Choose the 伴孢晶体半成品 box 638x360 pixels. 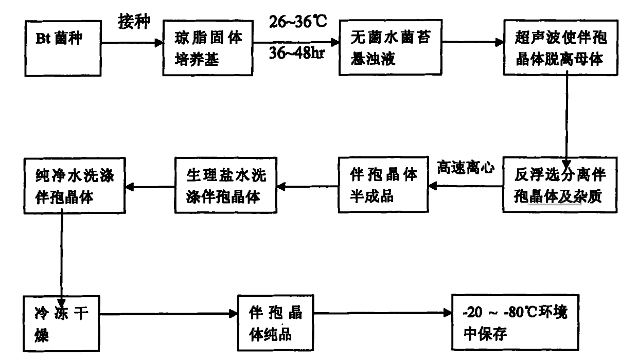(384, 185)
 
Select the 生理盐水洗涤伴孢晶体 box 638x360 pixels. (225, 185)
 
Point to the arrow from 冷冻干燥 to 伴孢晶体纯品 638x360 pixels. (168, 312)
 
